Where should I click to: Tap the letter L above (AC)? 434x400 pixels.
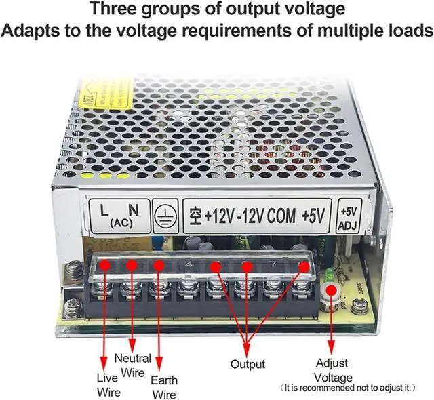(104, 209)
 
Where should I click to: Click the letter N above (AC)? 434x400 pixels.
(134, 209)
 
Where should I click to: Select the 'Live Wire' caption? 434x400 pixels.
(108, 384)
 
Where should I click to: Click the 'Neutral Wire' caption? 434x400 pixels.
(133, 365)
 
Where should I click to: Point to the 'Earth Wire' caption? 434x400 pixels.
(163, 387)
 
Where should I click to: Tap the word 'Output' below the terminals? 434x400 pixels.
(248, 365)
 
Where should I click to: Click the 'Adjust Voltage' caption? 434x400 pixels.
(332, 370)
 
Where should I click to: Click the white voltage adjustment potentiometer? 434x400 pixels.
(332, 291)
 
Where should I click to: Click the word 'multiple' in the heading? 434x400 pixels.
(321, 31)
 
